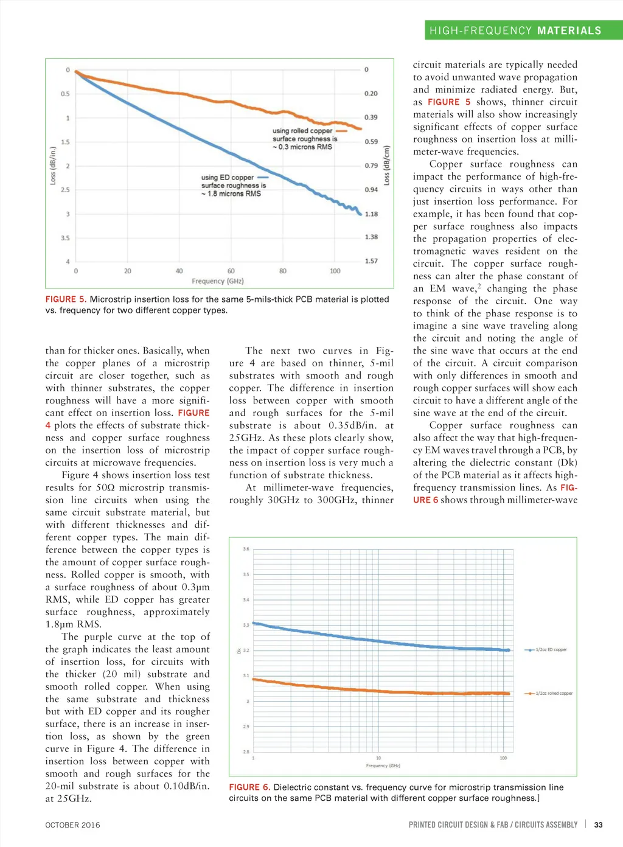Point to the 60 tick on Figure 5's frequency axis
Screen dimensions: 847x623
(231, 271)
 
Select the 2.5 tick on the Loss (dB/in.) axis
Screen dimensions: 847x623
(65, 190)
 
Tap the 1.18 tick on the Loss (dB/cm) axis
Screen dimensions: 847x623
(371, 214)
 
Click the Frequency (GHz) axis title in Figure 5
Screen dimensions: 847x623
(217, 281)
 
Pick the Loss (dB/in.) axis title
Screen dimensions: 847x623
(53, 166)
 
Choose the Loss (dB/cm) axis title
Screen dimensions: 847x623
(386, 166)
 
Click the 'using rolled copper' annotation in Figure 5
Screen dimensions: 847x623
(302, 131)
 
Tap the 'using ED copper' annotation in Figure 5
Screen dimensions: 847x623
(228, 178)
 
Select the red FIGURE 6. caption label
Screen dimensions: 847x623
(249, 787)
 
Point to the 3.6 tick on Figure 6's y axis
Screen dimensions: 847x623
(246, 549)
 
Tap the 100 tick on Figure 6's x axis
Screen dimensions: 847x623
(503, 758)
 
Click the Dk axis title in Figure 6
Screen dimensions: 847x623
(239, 650)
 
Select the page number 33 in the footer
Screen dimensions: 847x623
(598, 825)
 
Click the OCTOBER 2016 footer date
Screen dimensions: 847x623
(72, 825)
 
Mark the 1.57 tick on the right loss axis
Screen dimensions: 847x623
(371, 261)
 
